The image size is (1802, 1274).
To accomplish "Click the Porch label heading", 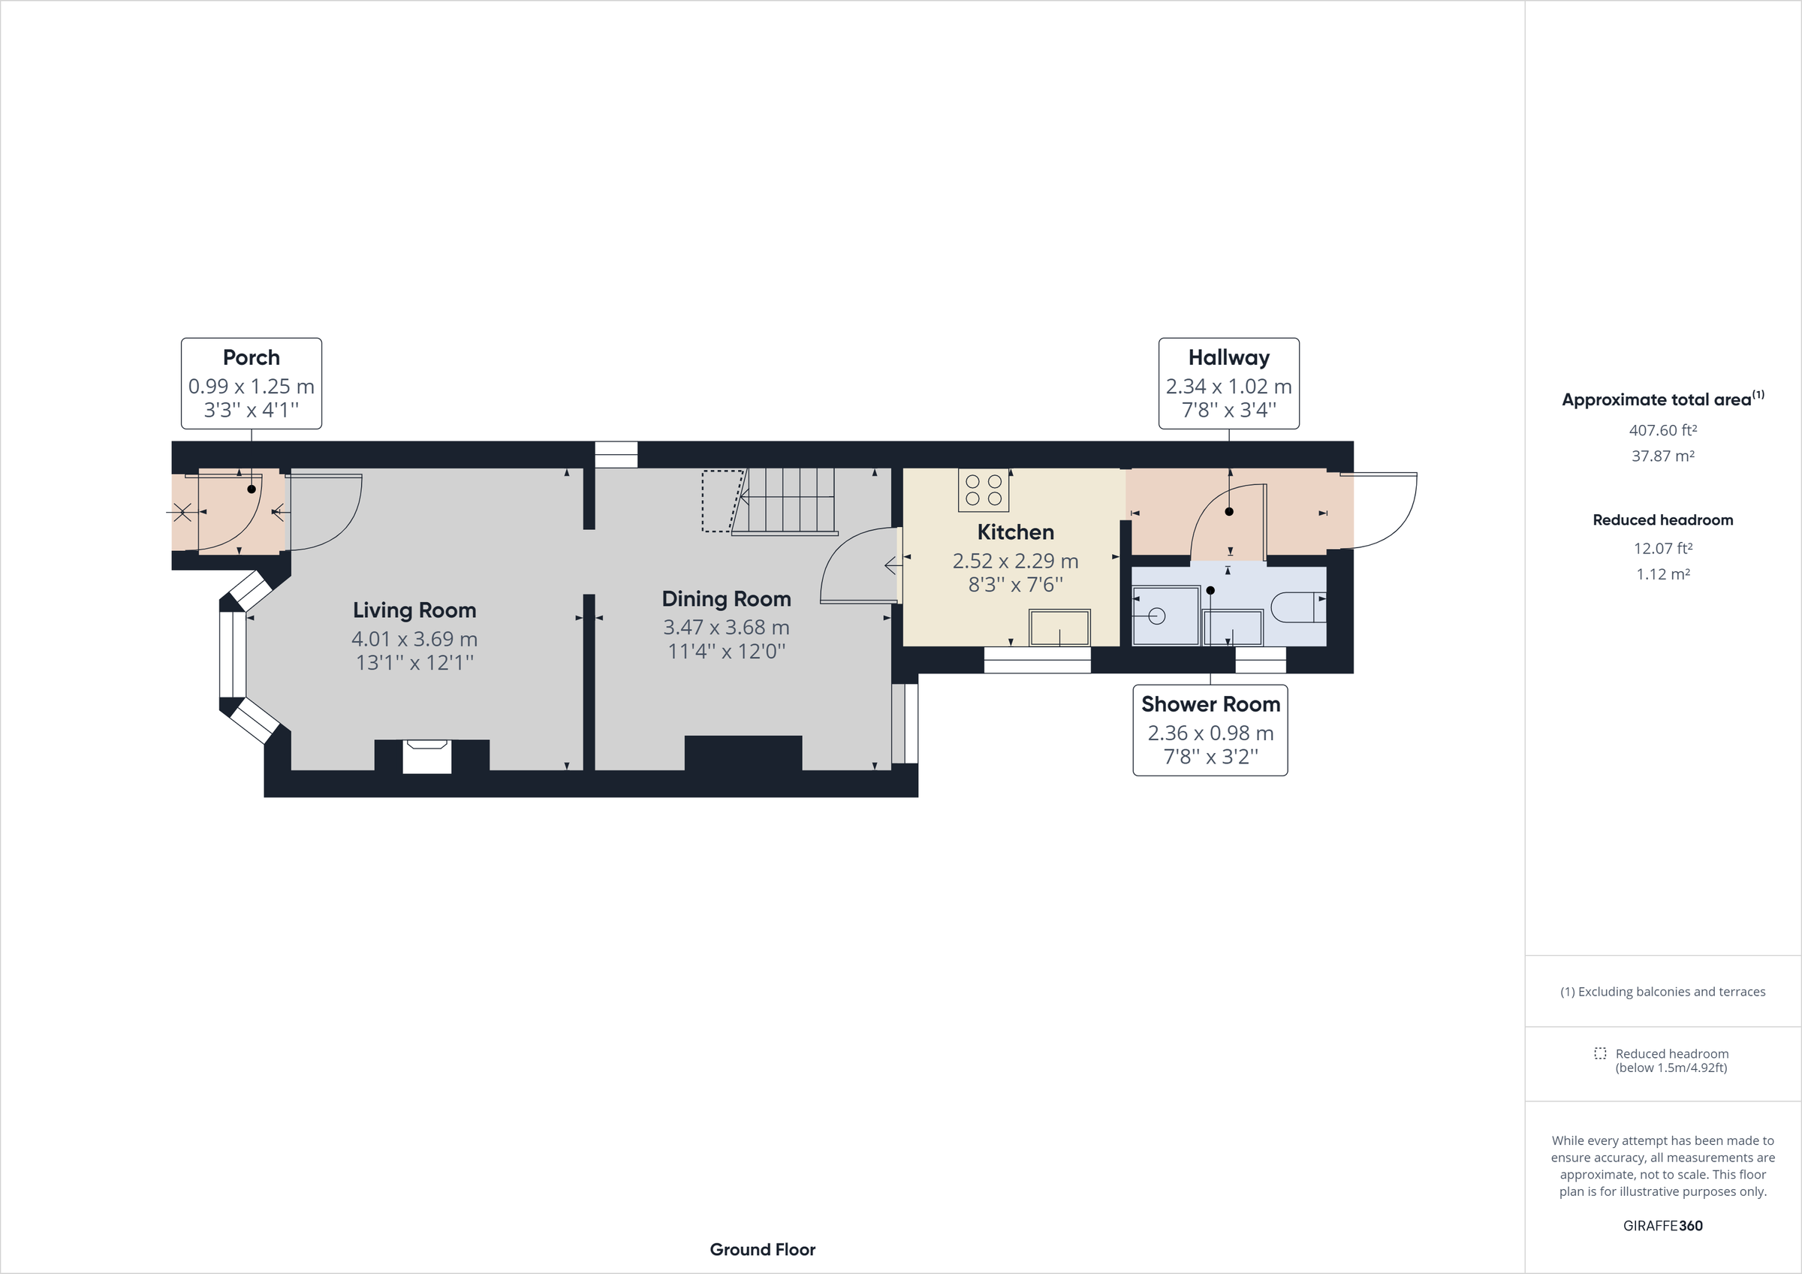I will point(251,358).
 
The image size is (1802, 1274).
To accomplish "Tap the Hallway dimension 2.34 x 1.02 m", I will point(1228,386).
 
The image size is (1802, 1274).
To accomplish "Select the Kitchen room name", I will point(1015,532).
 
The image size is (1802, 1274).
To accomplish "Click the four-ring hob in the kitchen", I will point(984,490).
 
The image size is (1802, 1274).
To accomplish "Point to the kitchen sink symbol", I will point(1059,628).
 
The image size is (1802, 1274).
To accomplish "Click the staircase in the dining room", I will point(789,500).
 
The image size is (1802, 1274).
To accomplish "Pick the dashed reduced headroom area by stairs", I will point(721,501).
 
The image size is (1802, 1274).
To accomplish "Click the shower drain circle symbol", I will point(1157,616).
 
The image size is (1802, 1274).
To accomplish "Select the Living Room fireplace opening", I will point(426,757).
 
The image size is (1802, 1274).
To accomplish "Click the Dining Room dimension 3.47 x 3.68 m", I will point(726,627).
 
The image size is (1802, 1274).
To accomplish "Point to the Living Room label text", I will point(414,610).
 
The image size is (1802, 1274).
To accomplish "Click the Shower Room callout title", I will point(1210,704).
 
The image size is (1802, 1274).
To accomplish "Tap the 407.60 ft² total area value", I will point(1662,430).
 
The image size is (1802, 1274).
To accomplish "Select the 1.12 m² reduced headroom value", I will point(1662,574).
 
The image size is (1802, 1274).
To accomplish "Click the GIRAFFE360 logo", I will point(1662,1225).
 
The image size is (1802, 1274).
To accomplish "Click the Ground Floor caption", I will point(762,1249).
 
